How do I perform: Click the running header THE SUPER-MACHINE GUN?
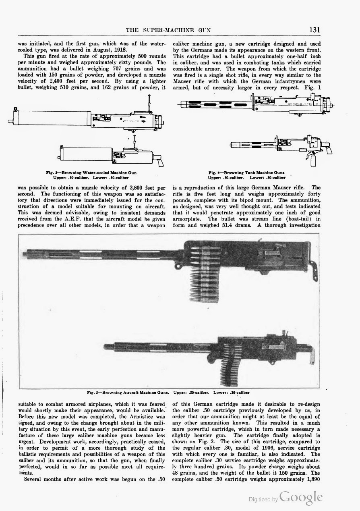coord(169,30)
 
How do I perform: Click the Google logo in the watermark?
coord(301,498)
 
